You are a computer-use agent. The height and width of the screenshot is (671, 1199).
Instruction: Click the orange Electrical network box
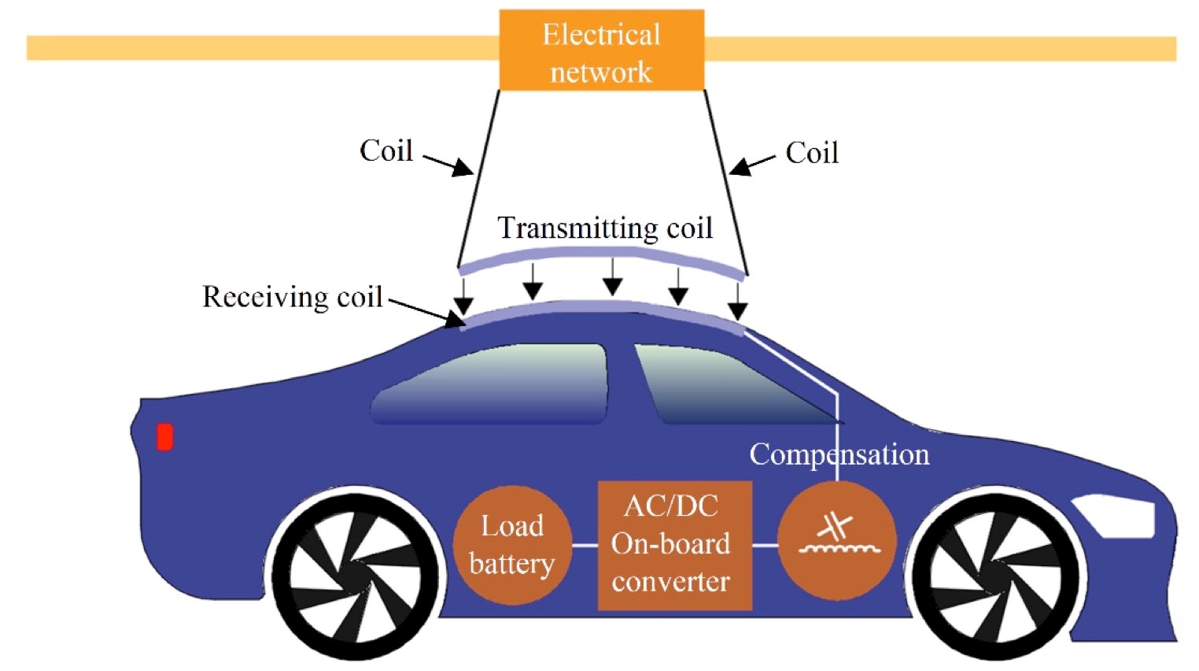(x=601, y=50)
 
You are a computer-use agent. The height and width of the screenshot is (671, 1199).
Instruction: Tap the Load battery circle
(x=511, y=545)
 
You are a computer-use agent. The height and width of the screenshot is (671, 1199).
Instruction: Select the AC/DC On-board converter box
(x=674, y=545)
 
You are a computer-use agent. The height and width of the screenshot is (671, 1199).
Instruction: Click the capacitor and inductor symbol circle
(x=837, y=540)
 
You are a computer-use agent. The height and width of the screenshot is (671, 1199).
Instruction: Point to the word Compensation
(x=839, y=454)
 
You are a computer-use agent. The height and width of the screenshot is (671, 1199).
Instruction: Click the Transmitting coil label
(x=605, y=228)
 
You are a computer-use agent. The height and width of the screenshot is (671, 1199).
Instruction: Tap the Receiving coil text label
(x=292, y=297)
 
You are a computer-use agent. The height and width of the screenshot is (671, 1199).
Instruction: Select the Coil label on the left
(x=386, y=150)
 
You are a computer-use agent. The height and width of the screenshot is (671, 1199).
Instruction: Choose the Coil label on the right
(x=812, y=152)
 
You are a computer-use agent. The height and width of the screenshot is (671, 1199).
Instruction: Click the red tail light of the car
(x=165, y=436)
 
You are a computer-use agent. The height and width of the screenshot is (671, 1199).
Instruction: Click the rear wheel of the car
(x=354, y=574)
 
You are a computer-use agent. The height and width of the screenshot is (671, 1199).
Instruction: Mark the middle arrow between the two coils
(x=612, y=276)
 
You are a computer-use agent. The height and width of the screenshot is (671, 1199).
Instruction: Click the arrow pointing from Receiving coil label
(x=426, y=312)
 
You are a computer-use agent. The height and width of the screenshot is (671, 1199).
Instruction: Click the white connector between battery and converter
(x=585, y=545)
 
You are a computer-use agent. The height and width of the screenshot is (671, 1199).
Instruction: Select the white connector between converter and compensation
(x=765, y=545)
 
